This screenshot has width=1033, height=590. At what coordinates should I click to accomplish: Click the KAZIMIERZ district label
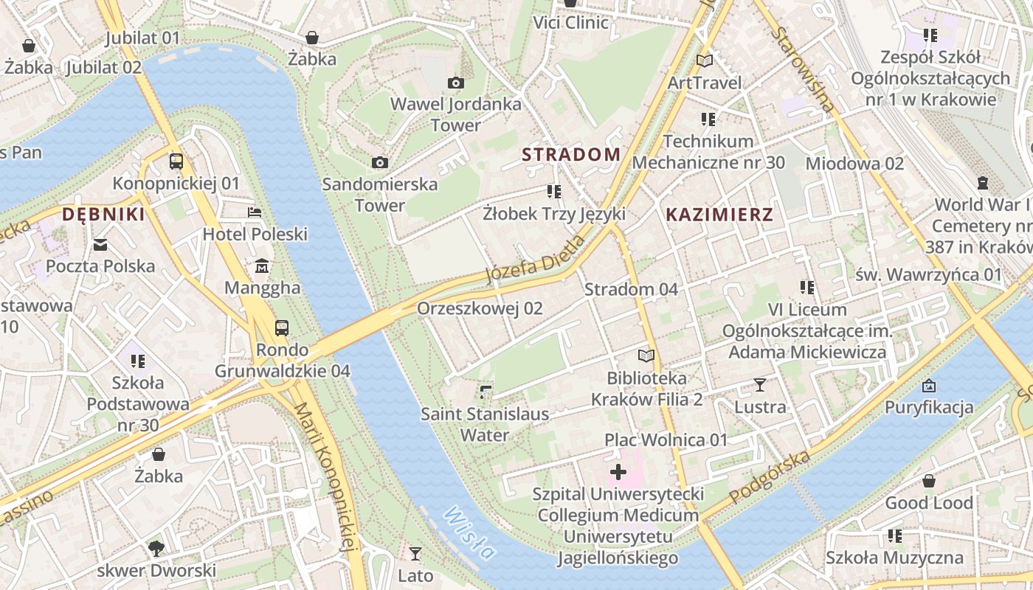pyautogui.click(x=719, y=215)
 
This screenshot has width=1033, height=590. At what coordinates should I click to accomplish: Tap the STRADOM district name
pyautogui.click(x=571, y=154)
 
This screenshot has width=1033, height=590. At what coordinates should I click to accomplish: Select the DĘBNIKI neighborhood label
pyautogui.click(x=103, y=215)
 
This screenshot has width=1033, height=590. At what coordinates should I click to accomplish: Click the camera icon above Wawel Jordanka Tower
pyautogui.click(x=456, y=83)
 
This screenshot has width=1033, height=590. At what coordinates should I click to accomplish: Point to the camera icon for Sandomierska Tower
pyautogui.click(x=380, y=162)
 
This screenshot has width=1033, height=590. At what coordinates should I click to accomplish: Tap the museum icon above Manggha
pyautogui.click(x=262, y=265)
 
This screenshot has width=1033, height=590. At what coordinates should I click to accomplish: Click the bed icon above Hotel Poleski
pyautogui.click(x=255, y=212)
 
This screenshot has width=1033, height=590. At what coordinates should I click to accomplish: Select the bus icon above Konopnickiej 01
pyautogui.click(x=176, y=161)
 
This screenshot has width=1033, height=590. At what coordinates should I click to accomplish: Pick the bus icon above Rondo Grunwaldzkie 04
pyautogui.click(x=282, y=327)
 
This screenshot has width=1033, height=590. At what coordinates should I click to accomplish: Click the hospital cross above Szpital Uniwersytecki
pyautogui.click(x=618, y=472)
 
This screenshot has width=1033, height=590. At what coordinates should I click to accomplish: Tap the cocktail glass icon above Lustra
pyautogui.click(x=760, y=384)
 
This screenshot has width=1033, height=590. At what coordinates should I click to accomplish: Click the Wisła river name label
pyautogui.click(x=469, y=533)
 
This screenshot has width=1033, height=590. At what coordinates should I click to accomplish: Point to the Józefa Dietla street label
pyautogui.click(x=536, y=260)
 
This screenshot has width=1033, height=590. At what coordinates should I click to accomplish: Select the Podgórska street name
pyautogui.click(x=770, y=478)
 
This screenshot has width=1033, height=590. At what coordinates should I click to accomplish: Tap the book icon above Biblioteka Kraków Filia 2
pyautogui.click(x=646, y=355)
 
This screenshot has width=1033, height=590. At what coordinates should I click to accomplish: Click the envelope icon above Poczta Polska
pyautogui.click(x=100, y=244)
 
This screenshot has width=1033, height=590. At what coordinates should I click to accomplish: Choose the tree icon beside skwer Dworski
pyautogui.click(x=156, y=548)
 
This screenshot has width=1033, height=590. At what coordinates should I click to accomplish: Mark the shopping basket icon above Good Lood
pyautogui.click(x=929, y=481)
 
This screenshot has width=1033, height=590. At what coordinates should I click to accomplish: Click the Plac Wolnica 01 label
pyautogui.click(x=666, y=440)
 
